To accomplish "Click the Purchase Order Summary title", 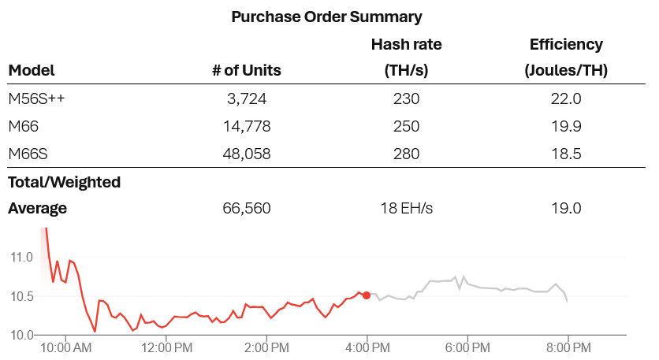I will tap(326, 17).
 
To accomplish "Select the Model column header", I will tap(32, 70).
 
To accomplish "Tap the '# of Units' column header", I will tap(247, 70).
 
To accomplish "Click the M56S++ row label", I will tap(36, 98).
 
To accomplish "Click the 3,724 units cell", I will tap(248, 98).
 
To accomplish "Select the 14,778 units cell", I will tap(248, 126).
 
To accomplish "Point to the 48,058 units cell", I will tap(248, 154).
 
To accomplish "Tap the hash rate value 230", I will tap(406, 98).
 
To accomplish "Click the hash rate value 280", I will tap(406, 154).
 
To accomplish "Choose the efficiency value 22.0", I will tap(566, 98).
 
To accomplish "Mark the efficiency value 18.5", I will tap(566, 154).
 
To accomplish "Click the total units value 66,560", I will tap(248, 209).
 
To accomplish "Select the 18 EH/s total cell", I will tap(406, 209).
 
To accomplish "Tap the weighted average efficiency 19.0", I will tap(566, 209).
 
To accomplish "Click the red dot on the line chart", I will tap(367, 295).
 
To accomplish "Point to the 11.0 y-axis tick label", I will tap(20, 257).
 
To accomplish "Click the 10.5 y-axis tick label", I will tap(20, 296).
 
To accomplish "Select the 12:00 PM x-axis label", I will tap(166, 347).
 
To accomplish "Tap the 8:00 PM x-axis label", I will tap(568, 347).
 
